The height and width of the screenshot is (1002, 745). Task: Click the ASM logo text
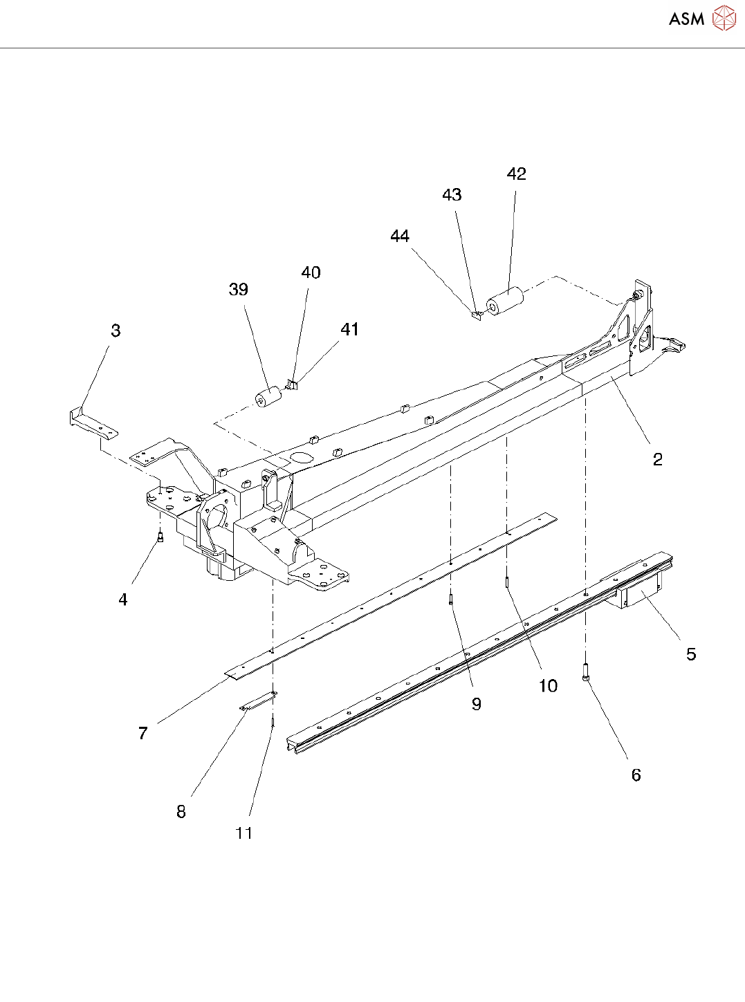pos(686,19)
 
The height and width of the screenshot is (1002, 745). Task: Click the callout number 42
pos(516,174)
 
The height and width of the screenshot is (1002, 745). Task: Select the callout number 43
pos(452,195)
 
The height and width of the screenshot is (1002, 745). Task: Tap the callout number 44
pos(400,236)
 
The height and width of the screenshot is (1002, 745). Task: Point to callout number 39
pos(239,290)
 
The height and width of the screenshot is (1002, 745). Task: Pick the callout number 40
pos(311,273)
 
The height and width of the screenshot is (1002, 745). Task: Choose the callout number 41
pos(349,330)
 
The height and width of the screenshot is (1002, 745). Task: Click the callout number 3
pos(116,331)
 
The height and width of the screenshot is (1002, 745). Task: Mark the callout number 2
pos(657,459)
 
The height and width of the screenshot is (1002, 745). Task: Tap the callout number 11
pos(243,833)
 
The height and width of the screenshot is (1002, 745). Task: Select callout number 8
pos(181,812)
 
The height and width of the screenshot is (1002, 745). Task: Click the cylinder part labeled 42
pos(506,301)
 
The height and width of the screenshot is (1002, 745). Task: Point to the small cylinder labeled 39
pos(268,397)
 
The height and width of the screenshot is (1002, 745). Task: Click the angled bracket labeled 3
pos(93,424)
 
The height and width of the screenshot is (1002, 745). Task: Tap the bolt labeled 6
pos(586,671)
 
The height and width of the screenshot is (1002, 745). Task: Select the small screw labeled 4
pos(160,537)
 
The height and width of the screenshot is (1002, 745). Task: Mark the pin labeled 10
pos(507,583)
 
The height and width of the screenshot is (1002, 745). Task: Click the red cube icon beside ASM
pos(724,19)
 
